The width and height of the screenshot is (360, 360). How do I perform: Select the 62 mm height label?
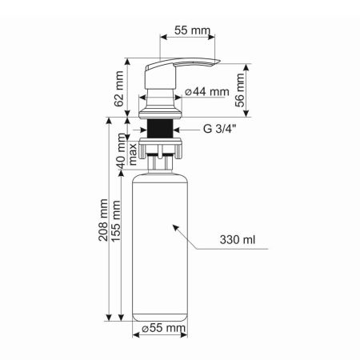pyautogui.click(x=120, y=89)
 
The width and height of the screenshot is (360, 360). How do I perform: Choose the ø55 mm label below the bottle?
pyautogui.click(x=163, y=329)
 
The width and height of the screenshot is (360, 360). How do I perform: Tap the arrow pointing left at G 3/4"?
pyautogui.click(x=183, y=128)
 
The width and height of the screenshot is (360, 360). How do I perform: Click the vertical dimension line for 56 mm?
pyautogui.click(x=251, y=90)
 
